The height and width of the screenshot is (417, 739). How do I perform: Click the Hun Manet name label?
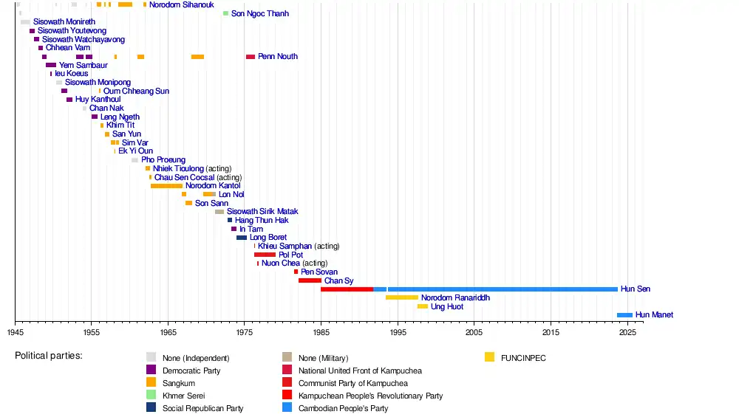pos(654,315)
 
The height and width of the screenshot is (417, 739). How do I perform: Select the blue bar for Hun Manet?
pos(624,315)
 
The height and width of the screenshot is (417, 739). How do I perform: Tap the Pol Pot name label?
pos(290,255)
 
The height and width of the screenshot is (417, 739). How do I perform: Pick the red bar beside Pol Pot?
pos(265,255)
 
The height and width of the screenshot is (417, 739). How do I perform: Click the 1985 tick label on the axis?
pos(321,333)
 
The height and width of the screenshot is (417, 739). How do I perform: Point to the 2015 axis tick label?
pos(550,333)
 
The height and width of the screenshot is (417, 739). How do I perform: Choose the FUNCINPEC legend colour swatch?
pos(489,358)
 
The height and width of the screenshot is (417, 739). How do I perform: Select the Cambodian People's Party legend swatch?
pos(287,408)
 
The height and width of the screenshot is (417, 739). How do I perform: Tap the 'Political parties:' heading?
pos(49,356)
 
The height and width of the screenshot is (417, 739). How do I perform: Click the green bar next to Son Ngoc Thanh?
pos(226,13)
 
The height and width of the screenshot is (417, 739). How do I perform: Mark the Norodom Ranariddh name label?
pos(455,297)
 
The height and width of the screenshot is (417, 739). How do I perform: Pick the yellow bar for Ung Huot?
pos(423,306)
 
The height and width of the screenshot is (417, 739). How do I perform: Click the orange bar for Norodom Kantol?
pos(166,186)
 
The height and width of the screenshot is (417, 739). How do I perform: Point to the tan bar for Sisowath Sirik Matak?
pos(219,212)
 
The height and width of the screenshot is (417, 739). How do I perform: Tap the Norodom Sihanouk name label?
pos(181,5)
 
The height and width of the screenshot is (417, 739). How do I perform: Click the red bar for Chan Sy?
pos(310,280)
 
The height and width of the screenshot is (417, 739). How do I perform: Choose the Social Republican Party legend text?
pos(202,408)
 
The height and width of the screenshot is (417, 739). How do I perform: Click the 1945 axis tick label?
pos(15,333)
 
